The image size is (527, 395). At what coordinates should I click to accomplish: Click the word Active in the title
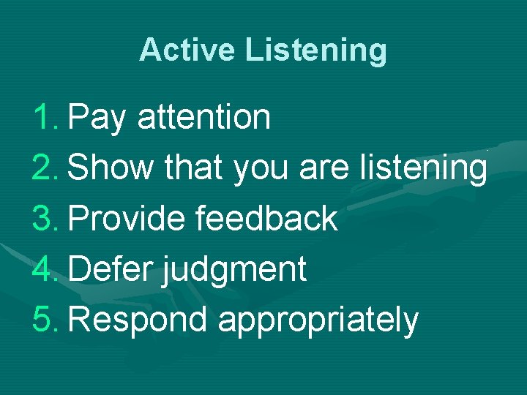[x=188, y=50]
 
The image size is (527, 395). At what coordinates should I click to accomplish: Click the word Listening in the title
[x=316, y=50]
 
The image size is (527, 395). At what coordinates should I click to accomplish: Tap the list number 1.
[x=46, y=116]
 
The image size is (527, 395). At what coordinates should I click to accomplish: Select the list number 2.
[x=46, y=168]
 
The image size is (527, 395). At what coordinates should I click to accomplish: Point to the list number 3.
[x=46, y=218]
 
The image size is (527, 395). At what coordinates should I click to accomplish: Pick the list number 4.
[x=46, y=269]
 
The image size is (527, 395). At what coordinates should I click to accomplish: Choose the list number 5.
[x=46, y=320]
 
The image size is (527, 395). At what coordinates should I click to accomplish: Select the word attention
[x=203, y=116]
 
